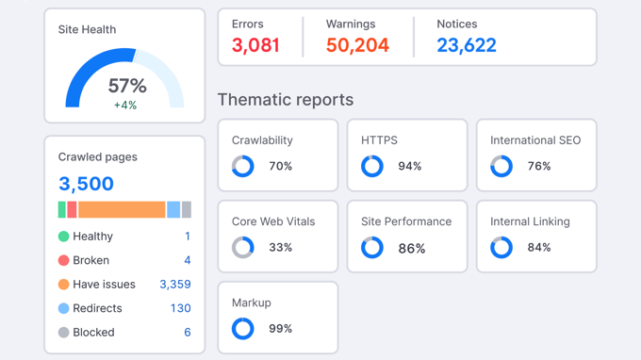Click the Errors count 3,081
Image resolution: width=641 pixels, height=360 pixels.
[x=255, y=45]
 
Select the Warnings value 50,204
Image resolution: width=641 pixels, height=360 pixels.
[x=357, y=45]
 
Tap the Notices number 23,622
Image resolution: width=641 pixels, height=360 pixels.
[x=467, y=45]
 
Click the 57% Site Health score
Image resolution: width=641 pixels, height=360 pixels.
[x=127, y=87]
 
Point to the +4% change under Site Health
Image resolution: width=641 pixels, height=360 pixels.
[x=125, y=106]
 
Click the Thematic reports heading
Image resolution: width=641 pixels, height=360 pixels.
[x=286, y=99]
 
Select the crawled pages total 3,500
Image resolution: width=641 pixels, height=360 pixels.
[x=86, y=184]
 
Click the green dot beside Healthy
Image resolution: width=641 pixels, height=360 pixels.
[x=63, y=237]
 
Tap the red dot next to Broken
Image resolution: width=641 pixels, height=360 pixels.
[x=63, y=260]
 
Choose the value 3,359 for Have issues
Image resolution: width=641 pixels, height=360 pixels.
[x=174, y=284]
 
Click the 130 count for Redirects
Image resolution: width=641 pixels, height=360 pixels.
[x=180, y=308]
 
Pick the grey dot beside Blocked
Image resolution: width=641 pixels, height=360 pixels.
[x=63, y=332]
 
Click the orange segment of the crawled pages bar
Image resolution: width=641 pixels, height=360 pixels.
[x=122, y=209]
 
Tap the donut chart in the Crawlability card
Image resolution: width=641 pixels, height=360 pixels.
[x=243, y=167]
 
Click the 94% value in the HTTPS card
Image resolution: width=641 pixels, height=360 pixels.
[x=410, y=167]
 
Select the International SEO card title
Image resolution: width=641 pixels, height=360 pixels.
[x=535, y=140]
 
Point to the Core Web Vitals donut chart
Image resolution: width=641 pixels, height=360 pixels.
[x=243, y=248]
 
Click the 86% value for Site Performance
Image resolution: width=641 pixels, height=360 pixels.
[x=412, y=249]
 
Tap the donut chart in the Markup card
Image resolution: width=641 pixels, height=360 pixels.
[x=243, y=329]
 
